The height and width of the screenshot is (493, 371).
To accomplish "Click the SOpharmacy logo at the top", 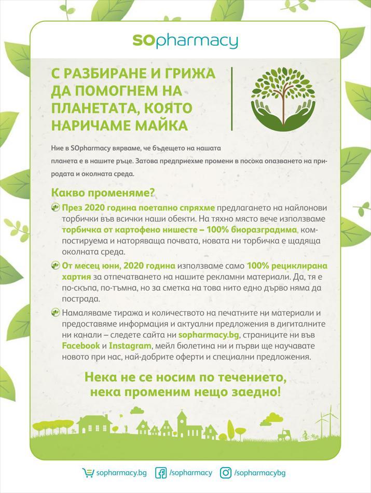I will [x=185, y=41].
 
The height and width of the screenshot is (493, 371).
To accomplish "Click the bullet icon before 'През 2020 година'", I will [x=56, y=208].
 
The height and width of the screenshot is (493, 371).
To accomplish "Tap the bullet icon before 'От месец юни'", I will [x=56, y=266].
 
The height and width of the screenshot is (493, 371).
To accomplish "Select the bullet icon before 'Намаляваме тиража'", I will [x=56, y=313].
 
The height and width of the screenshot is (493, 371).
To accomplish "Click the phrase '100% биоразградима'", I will [x=254, y=229].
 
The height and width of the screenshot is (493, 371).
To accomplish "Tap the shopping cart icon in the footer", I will [x=89, y=473].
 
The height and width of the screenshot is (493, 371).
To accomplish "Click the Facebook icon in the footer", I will [x=161, y=473].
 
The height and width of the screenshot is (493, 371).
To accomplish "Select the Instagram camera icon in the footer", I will [x=226, y=473].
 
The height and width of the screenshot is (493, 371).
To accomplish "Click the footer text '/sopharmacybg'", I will [x=260, y=473].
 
